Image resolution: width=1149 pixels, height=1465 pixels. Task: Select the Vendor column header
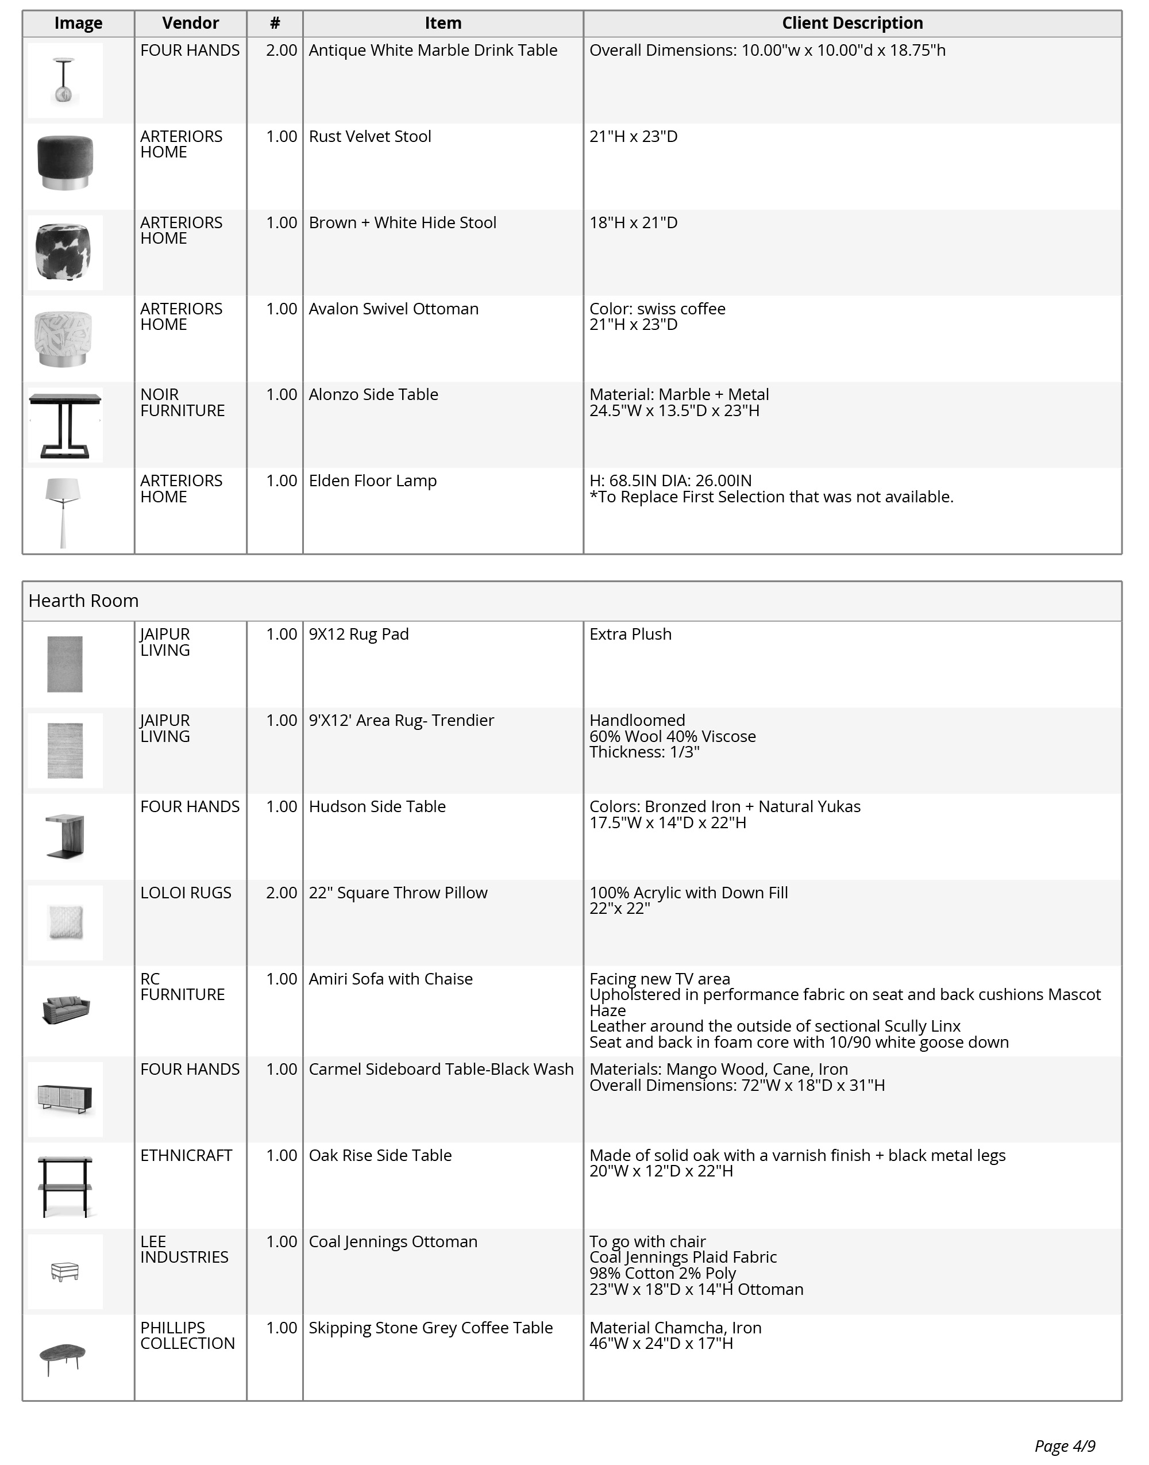190,24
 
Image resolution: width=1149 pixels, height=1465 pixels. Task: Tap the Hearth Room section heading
83,601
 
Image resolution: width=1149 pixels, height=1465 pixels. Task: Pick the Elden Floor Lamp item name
373,481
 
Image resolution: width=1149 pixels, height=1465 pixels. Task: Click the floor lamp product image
63,512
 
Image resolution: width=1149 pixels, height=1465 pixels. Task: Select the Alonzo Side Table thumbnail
65,425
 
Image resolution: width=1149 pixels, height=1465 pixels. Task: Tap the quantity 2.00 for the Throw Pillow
281,893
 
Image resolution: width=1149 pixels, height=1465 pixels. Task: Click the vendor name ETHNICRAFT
186,1155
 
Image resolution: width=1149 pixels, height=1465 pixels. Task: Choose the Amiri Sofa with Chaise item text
390,979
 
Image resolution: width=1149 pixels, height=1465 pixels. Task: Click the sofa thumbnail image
65,1009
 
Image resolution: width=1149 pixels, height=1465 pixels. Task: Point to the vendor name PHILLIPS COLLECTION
187,1336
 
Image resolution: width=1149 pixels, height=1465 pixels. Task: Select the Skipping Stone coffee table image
63,1358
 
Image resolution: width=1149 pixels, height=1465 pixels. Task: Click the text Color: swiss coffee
657,309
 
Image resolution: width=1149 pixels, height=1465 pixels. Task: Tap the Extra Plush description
630,635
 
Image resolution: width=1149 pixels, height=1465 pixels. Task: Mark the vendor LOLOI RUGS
186,893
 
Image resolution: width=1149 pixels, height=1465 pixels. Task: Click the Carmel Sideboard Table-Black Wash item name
441,1070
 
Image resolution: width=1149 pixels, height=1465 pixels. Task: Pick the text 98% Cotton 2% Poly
662,1273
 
